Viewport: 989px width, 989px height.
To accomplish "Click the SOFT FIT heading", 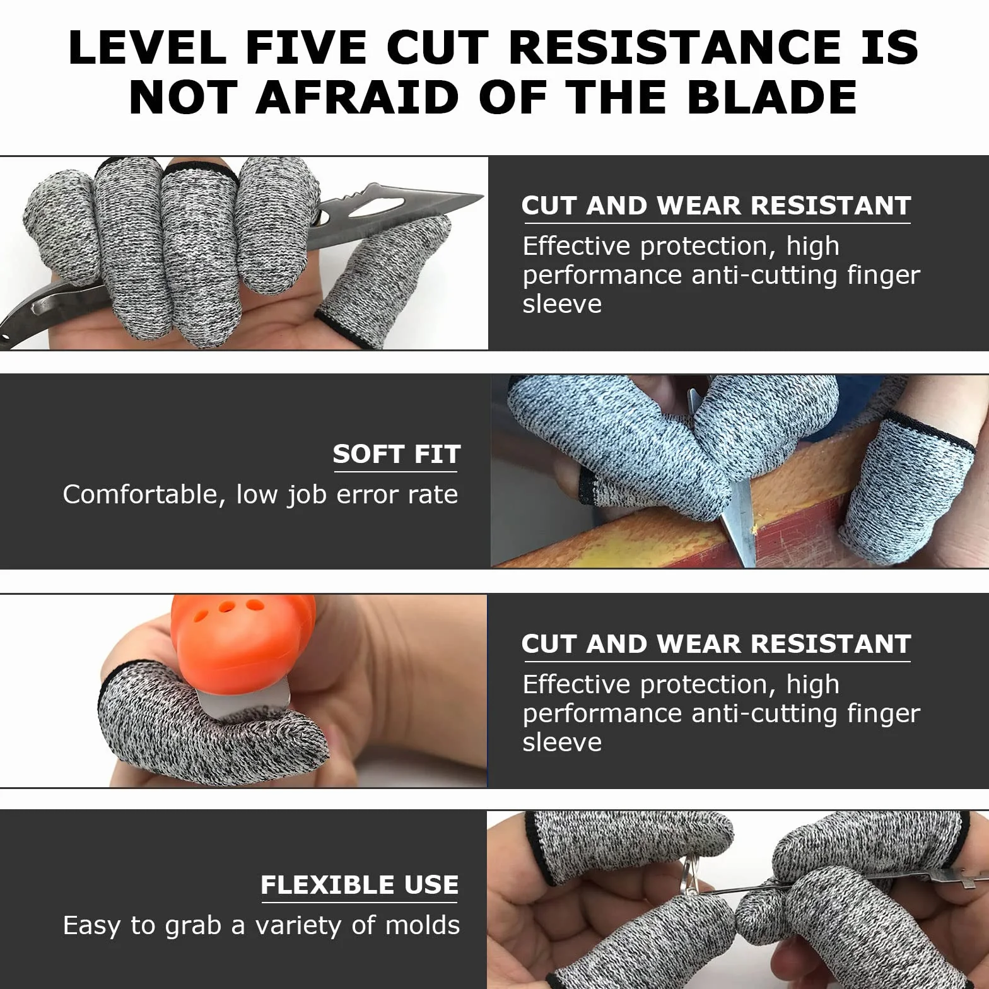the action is click(397, 454).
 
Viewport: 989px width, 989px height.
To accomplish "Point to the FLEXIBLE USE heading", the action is click(360, 885).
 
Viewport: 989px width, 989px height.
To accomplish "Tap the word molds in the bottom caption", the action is click(422, 925).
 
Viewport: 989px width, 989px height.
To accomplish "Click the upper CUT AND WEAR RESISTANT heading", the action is click(716, 206).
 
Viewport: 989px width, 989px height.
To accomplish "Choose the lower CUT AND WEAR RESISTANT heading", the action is click(716, 644).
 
